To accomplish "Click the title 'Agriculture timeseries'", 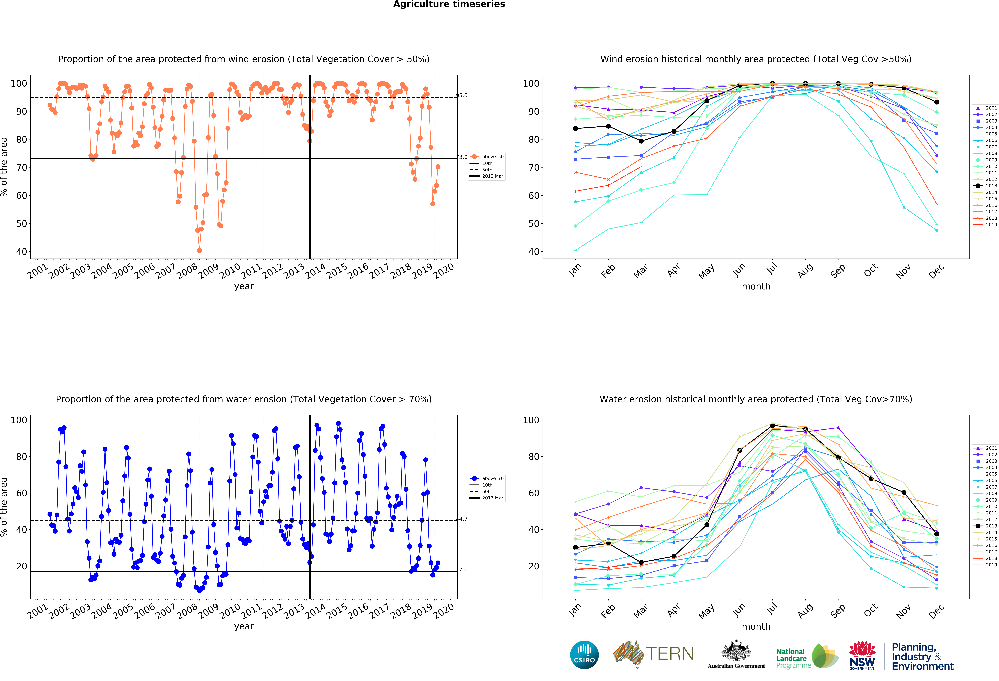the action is [x=449, y=4].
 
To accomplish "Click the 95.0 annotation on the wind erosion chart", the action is [x=462, y=95].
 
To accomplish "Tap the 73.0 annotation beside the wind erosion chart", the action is [x=462, y=157].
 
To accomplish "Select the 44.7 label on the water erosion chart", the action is [x=462, y=519].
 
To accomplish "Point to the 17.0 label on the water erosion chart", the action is [x=462, y=570].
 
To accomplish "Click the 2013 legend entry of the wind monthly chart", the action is [x=985, y=186].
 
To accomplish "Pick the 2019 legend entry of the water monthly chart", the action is [x=985, y=565].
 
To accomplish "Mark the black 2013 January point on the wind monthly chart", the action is [x=576, y=129].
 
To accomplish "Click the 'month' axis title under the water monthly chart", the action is [x=756, y=626].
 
